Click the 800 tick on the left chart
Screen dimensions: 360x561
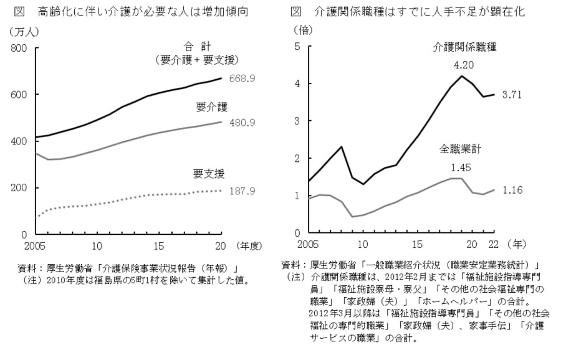(19, 49)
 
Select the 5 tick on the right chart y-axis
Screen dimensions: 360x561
(297, 47)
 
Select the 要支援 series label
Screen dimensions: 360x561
(208, 173)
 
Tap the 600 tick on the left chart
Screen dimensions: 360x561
(19, 95)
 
